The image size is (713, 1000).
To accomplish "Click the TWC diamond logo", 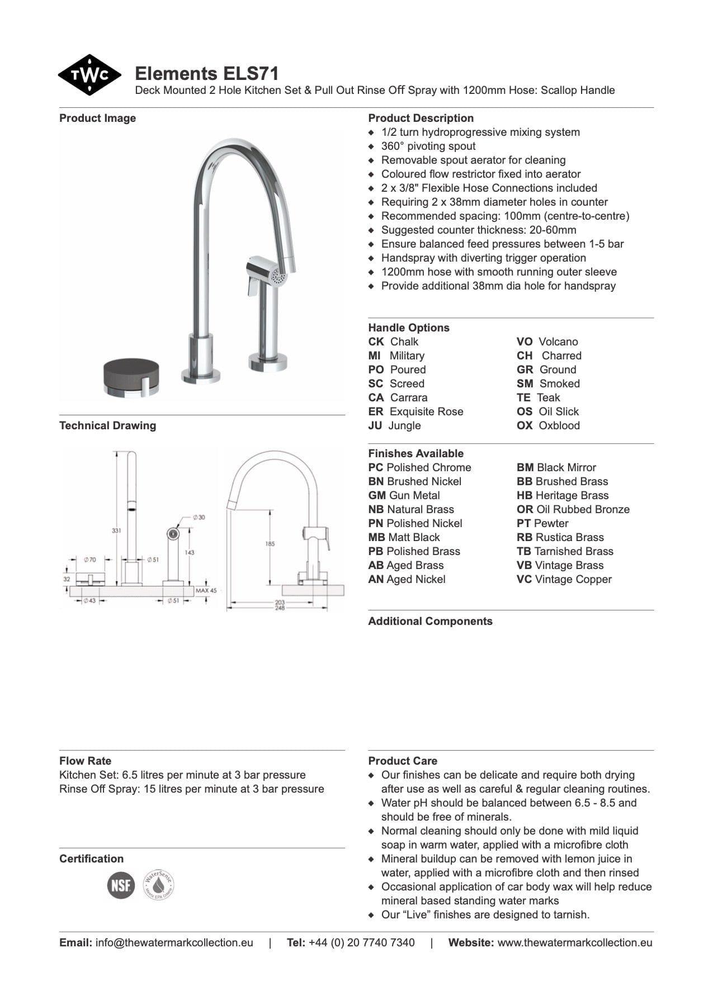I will [89, 75].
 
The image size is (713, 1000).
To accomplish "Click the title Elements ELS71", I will [207, 74].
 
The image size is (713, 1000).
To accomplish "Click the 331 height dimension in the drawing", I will [116, 530].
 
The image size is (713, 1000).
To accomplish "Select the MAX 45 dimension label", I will [206, 590].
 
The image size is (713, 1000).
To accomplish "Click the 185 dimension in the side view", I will [270, 543].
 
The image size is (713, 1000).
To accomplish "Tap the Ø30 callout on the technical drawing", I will [199, 517].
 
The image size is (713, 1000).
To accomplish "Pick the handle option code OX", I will [525, 425].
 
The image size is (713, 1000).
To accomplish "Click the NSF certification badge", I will [121, 885].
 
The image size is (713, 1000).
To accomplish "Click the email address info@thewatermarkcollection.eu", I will [174, 942].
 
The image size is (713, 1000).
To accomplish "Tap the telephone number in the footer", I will [361, 942].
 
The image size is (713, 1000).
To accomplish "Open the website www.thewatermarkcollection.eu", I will [574, 942].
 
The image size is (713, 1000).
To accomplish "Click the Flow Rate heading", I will [86, 761].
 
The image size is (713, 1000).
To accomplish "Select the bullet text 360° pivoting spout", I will [428, 146].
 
